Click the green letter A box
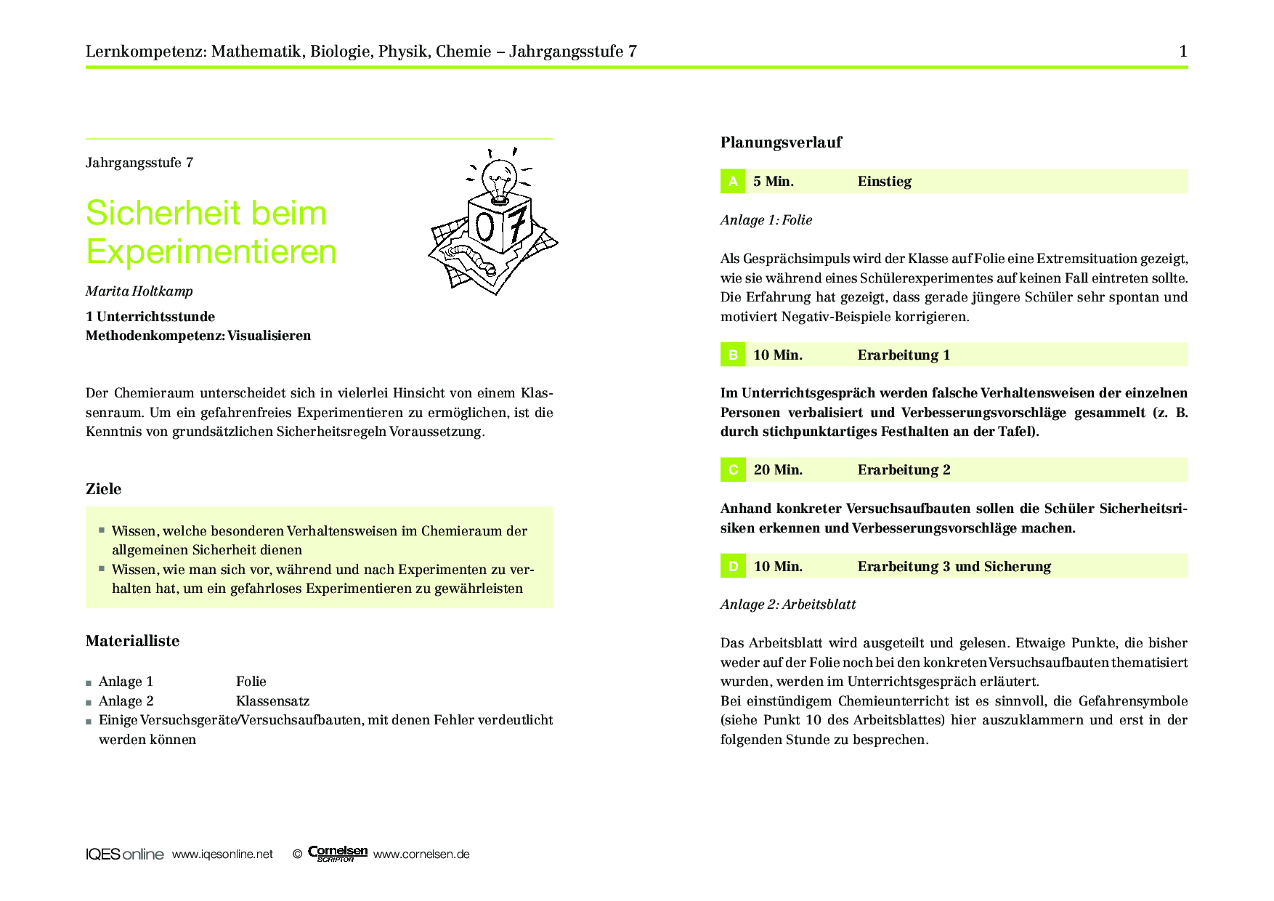[732, 181]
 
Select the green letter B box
[732, 355]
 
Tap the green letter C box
[732, 469]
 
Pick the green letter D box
[732, 566]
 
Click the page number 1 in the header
[1183, 51]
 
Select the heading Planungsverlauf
[781, 142]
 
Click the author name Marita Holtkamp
[139, 291]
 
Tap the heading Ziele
[103, 489]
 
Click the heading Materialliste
[132, 641]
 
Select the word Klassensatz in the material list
[272, 701]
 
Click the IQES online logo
[124, 854]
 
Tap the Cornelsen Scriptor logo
[338, 854]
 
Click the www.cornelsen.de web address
[421, 854]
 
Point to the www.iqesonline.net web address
[222, 854]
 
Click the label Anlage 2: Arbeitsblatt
[788, 605]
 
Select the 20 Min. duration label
[778, 470]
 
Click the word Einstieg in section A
[884, 182]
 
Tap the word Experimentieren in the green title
[211, 251]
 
